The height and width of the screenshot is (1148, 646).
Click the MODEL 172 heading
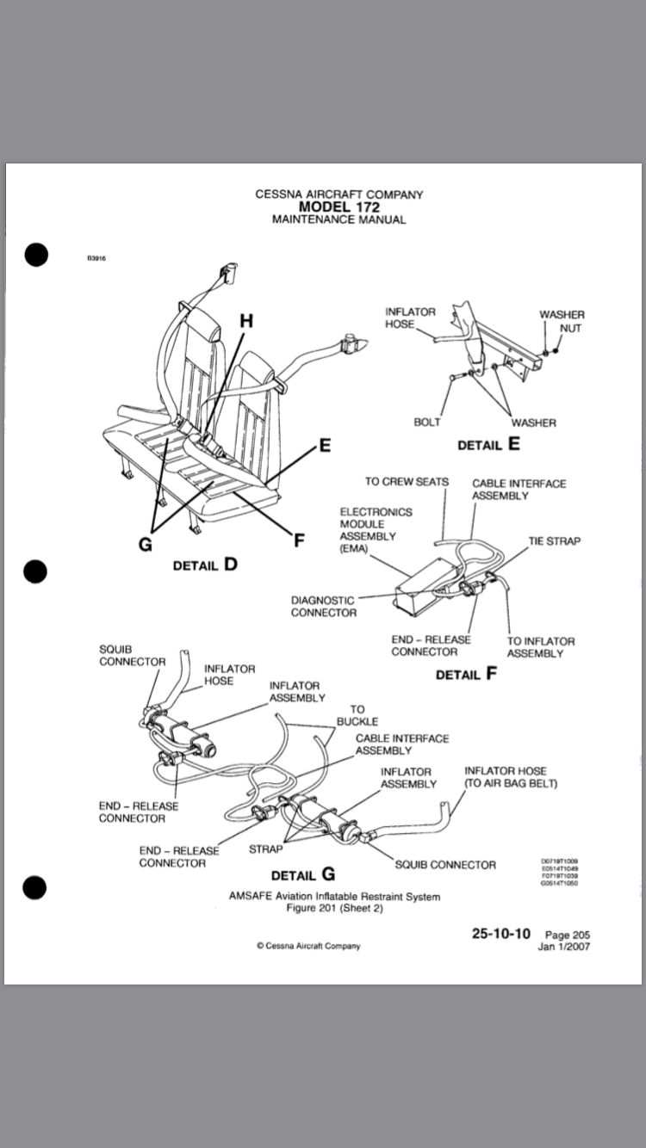pyautogui.click(x=339, y=207)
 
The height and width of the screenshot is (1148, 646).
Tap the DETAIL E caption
pyautogui.click(x=488, y=445)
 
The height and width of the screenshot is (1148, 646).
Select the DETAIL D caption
pyautogui.click(x=205, y=565)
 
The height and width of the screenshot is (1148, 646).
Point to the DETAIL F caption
pyautogui.click(x=467, y=674)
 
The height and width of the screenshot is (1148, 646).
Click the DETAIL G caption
pyautogui.click(x=303, y=875)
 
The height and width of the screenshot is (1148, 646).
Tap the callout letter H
pyautogui.click(x=246, y=321)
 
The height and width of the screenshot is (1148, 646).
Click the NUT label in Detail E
pyautogui.click(x=570, y=328)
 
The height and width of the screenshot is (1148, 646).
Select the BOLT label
pyautogui.click(x=427, y=423)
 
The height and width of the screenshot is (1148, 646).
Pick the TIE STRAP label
pyautogui.click(x=554, y=540)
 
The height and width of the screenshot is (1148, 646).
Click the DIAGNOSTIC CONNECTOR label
pyautogui.click(x=324, y=606)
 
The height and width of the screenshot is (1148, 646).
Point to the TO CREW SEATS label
pyautogui.click(x=407, y=481)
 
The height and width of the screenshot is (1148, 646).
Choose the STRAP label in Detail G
pyautogui.click(x=265, y=849)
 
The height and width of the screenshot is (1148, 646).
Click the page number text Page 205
pyautogui.click(x=568, y=935)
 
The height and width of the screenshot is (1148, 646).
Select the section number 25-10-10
pyautogui.click(x=501, y=934)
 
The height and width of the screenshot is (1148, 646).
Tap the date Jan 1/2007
pyautogui.click(x=564, y=947)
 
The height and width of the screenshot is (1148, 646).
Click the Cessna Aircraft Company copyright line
pyautogui.click(x=308, y=946)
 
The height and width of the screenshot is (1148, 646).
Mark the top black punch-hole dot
pyautogui.click(x=35, y=255)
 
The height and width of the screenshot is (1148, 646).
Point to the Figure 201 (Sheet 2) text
pyautogui.click(x=334, y=908)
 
